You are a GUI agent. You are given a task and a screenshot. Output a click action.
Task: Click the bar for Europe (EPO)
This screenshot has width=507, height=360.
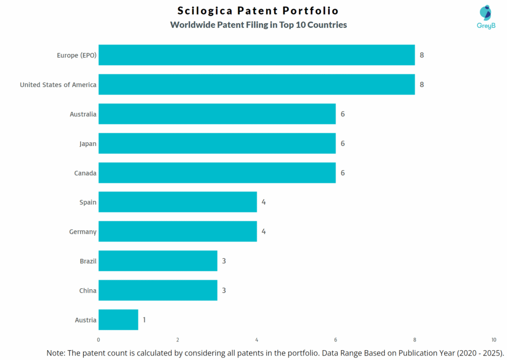[256, 55]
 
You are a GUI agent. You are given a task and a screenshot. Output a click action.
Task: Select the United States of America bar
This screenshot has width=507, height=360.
[256, 84]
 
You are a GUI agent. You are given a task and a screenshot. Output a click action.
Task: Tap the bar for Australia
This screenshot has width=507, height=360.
[217, 114]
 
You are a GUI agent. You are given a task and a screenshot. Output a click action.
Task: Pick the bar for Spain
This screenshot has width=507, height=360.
[177, 202]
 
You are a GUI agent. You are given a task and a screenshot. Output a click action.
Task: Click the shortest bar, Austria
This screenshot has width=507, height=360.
[118, 320]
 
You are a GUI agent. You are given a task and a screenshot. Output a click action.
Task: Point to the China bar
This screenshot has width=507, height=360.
[157, 290]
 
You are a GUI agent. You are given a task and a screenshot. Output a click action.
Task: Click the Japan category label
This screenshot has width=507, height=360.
[88, 144]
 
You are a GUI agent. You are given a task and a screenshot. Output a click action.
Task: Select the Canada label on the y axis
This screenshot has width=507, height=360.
[86, 173]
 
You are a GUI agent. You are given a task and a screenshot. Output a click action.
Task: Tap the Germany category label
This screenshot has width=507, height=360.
[83, 232]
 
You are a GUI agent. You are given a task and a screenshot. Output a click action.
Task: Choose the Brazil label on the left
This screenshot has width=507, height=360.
[88, 261]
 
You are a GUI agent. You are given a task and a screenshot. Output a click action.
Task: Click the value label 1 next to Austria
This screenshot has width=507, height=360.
[144, 320]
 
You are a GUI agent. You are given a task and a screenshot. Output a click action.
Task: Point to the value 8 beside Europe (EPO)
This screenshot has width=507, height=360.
[422, 55]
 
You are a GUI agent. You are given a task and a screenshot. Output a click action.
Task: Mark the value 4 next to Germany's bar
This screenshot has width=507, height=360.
[264, 232]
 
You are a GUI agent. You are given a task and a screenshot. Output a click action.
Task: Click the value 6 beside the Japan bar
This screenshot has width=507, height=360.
[343, 144]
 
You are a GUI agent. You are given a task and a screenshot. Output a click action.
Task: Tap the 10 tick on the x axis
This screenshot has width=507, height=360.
[494, 340]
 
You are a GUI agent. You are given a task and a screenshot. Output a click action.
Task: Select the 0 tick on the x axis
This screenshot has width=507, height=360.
[99, 340]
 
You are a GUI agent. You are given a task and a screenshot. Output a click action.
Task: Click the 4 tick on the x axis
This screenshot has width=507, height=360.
[256, 340]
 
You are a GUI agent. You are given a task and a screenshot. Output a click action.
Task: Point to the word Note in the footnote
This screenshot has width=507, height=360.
[57, 353]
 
